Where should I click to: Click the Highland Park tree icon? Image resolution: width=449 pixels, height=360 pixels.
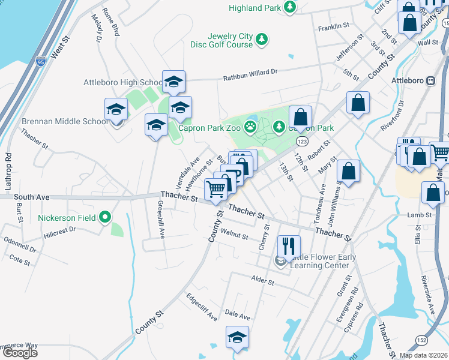point(291,8)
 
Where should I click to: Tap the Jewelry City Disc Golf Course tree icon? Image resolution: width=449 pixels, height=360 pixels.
point(262,40)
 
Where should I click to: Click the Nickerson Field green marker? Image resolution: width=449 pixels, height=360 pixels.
point(106,217)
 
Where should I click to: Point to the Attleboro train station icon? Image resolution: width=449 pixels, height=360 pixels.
point(430,80)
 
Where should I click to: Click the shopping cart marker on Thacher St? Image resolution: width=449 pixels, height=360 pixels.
point(216,189)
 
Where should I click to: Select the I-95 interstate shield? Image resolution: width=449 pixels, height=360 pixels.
point(41,60)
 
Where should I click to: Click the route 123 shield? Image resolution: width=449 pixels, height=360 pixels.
point(302,140)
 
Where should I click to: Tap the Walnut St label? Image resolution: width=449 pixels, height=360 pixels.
point(234,233)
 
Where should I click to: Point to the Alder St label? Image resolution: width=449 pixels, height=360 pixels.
point(263,280)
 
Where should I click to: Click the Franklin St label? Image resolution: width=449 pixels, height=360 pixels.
point(334,27)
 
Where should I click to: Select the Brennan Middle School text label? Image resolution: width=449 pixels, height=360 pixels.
point(65,121)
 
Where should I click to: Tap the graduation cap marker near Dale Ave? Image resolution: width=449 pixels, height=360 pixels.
point(237,337)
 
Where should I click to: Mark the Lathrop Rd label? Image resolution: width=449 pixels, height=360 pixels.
point(8,173)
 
